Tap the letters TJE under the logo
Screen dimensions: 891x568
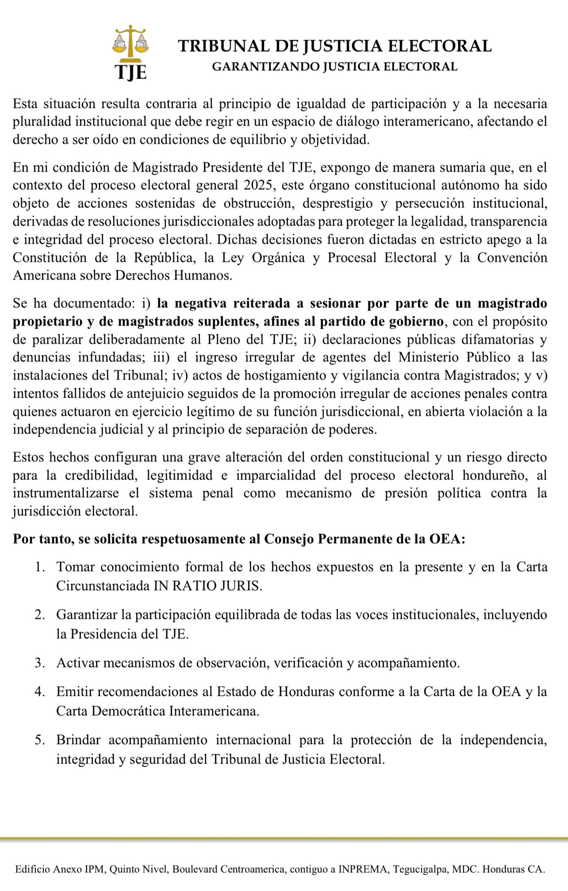pos(130,72)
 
